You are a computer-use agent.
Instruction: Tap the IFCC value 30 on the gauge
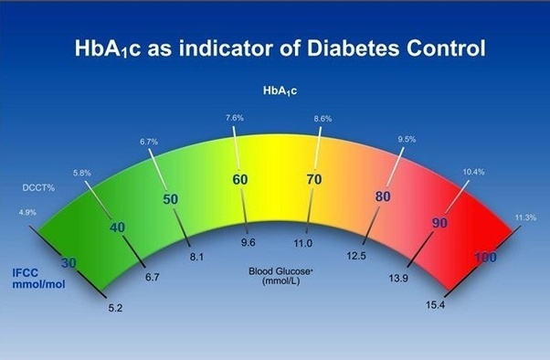point(69,263)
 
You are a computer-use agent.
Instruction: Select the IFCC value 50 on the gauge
point(170,199)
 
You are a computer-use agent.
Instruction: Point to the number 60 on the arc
point(240,180)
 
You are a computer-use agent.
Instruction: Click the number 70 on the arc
point(313,180)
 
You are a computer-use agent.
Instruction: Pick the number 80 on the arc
point(383,196)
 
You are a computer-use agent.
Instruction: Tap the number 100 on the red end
point(485,258)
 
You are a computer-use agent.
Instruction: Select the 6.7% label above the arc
point(149,142)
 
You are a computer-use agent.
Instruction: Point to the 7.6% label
point(233,119)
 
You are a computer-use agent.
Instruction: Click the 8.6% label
point(322,120)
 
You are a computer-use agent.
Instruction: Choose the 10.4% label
point(474,172)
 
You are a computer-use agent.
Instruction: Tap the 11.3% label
point(525,217)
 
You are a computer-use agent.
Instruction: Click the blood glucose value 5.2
point(116,309)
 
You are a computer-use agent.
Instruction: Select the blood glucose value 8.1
point(196,259)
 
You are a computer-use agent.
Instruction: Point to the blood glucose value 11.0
point(302,244)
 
